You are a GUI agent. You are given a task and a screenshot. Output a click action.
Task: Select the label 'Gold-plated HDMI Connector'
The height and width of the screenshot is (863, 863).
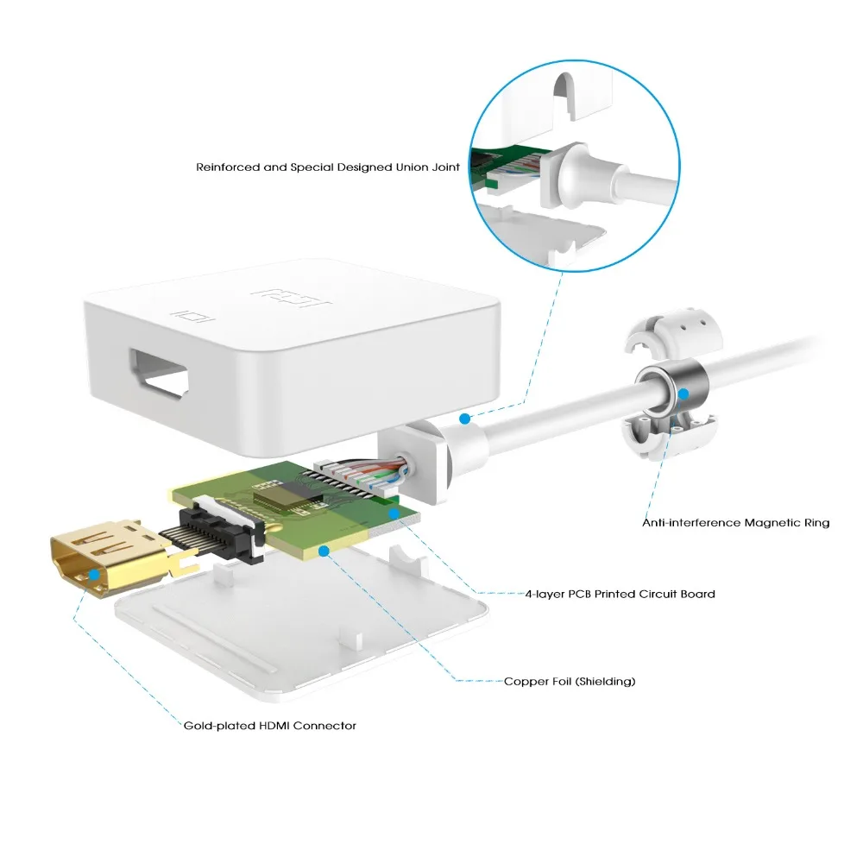(269, 726)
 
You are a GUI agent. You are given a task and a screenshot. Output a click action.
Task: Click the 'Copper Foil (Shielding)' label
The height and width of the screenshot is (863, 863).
(570, 681)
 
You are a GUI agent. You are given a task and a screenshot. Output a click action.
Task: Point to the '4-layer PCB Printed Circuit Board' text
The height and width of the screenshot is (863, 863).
(620, 594)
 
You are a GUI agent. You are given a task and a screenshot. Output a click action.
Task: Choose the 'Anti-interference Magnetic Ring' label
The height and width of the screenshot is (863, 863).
(735, 522)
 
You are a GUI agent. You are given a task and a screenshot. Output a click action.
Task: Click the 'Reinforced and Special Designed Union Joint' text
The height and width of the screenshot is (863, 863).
(327, 167)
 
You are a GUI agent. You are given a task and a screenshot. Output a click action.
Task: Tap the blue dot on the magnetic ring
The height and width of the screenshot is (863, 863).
(683, 394)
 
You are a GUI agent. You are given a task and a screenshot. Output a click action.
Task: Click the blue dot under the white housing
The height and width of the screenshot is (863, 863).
(464, 419)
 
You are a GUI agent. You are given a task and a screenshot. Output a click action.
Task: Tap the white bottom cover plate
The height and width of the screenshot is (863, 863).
(302, 630)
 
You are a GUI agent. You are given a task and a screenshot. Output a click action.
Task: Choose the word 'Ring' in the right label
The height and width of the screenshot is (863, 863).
(816, 522)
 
